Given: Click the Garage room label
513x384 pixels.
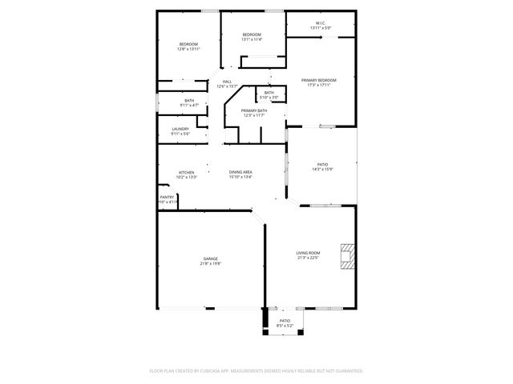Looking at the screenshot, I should (210, 258).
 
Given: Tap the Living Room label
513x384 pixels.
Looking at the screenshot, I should (308, 253).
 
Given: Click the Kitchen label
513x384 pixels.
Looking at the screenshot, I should (186, 172).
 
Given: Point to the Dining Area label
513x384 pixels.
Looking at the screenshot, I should (240, 172).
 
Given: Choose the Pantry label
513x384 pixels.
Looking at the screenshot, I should (167, 197).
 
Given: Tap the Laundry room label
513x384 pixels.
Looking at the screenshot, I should (180, 129).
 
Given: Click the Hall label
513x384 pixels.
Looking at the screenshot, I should (227, 81).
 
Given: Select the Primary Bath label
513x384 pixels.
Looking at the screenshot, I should (253, 110).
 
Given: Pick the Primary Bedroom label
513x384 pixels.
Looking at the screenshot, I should (318, 81).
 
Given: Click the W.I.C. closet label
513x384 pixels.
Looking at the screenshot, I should (320, 23).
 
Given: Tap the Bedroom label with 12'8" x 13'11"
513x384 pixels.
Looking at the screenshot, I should (188, 44).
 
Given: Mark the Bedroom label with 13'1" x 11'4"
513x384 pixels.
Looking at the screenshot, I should (252, 35).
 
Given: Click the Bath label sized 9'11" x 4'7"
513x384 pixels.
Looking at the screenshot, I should (188, 100).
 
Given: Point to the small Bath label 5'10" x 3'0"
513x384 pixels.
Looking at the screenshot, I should (269, 93).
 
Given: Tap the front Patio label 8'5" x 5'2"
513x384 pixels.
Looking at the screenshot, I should (285, 320).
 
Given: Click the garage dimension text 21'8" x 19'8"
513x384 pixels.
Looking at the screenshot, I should (210, 263).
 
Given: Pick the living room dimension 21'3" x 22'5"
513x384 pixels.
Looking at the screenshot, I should (308, 258).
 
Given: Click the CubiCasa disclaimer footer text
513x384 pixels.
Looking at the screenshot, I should (256, 370).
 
